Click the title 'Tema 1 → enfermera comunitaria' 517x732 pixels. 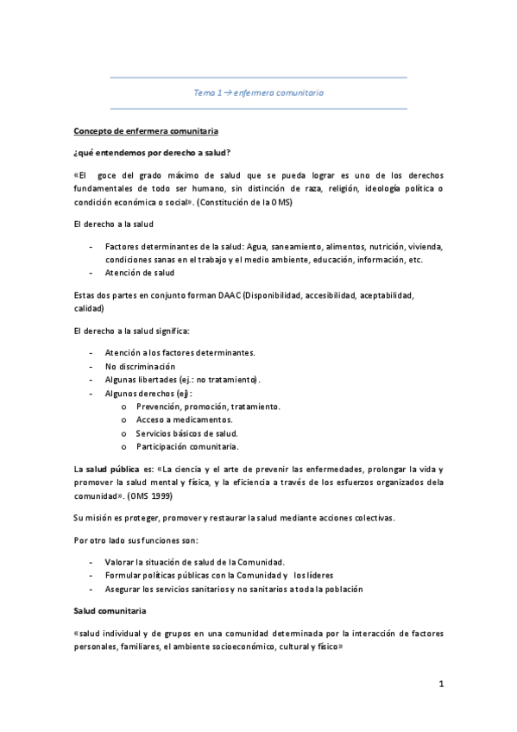[x=259, y=91]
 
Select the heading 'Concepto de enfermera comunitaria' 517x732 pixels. [x=146, y=130]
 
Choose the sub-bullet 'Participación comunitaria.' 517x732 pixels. [x=186, y=446]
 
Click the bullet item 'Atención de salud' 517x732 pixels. [x=139, y=273]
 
